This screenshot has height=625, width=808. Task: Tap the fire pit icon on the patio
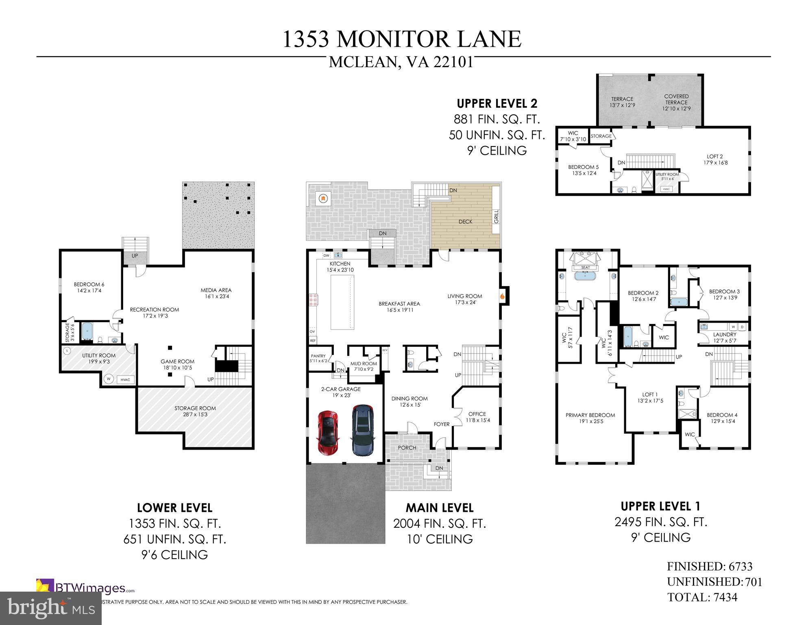tap(323, 199)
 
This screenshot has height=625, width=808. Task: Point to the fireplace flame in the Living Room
tap(503, 296)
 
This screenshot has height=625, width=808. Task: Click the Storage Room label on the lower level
tap(195, 411)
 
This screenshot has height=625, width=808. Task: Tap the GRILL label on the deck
tap(496, 216)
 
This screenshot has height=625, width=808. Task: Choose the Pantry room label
tap(318, 358)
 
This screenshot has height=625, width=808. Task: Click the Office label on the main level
tap(477, 417)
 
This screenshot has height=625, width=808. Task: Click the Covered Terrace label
tap(676, 103)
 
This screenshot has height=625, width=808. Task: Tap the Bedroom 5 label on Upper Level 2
tap(583, 170)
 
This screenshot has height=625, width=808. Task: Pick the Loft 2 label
tap(715, 159)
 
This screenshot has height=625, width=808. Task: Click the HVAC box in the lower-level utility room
tap(125, 380)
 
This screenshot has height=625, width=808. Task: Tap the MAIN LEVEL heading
tap(439, 508)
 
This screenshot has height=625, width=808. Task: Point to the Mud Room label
tap(364, 366)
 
